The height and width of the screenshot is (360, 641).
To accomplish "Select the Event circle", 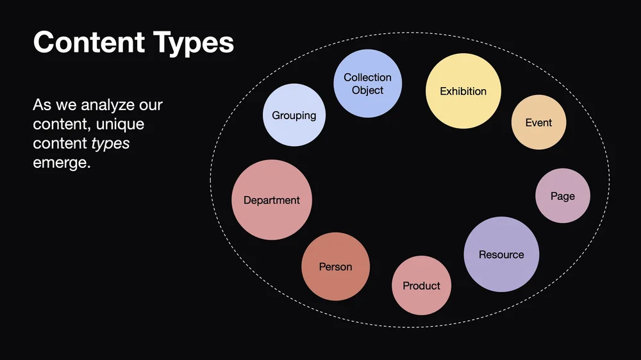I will pyautogui.click(x=538, y=123).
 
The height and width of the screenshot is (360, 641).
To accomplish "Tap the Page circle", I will pyautogui.click(x=562, y=196).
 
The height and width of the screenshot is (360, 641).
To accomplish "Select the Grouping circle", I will pyautogui.click(x=294, y=115).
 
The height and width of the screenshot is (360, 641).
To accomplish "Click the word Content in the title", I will pyautogui.click(x=88, y=43).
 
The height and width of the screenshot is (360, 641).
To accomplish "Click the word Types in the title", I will pyautogui.click(x=194, y=43).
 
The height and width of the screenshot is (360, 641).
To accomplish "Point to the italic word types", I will pyautogui.click(x=110, y=143).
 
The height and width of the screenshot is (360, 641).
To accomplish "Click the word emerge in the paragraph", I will pyautogui.click(x=62, y=163).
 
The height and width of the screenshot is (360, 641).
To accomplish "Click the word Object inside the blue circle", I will pyautogui.click(x=367, y=90).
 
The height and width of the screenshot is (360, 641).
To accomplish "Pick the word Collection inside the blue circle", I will pyautogui.click(x=367, y=78).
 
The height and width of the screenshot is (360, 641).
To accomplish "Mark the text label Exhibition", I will pyautogui.click(x=463, y=92).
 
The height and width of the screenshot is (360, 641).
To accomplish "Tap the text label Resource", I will pyautogui.click(x=501, y=255).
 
